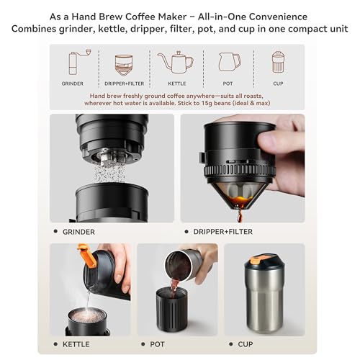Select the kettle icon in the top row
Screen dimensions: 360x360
176,62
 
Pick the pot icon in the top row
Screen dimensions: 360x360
228,63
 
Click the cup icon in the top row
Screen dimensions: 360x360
278,62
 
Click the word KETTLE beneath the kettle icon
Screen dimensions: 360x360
176,84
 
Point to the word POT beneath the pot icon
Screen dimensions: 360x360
228,84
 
